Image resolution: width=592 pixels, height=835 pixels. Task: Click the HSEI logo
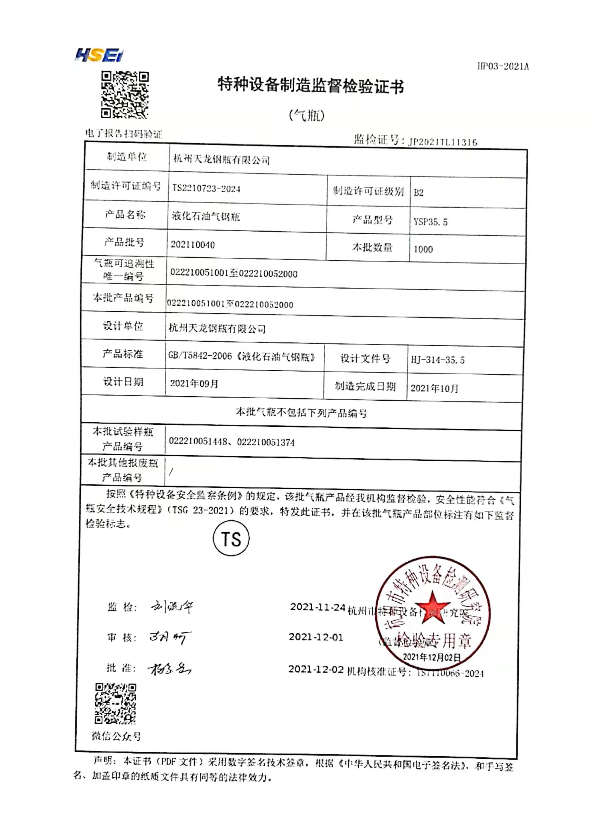pos(99,56)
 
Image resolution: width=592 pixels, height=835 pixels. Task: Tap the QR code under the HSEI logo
pos(125,95)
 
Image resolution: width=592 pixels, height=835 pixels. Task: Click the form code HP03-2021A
pos(503,66)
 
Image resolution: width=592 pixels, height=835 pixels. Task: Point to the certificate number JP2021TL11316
pos(443,142)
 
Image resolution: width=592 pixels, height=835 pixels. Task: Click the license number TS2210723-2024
pos(206,188)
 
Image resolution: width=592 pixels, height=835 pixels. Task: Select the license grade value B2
pos(419,192)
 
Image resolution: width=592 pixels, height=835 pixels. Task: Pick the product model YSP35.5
pos(430,221)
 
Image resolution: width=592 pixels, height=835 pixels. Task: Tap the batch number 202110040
pos(193,245)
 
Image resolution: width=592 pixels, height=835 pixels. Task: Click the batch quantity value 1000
pos(423,249)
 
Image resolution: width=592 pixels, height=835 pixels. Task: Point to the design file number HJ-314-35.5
pos(437,360)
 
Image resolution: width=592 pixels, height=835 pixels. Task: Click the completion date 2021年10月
pos(434,388)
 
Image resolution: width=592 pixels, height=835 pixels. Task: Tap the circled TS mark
pos(231,538)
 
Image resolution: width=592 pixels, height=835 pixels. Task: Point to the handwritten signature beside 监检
pos(172,607)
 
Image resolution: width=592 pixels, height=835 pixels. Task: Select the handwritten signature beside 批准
pos(169,669)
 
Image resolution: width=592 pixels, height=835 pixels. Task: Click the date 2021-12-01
pos(316,637)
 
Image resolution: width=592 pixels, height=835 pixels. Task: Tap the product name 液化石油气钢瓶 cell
pos(206,216)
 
